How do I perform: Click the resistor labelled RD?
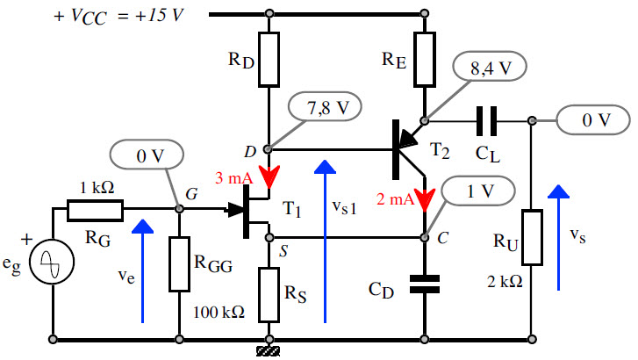tap(269, 59)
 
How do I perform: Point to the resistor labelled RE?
tap(425, 59)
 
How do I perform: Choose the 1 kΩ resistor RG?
tap(95, 209)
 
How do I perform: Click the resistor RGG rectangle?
tap(179, 263)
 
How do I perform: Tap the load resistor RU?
tap(532, 236)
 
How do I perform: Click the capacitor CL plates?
tap(486, 119)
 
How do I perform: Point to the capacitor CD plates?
tap(425, 282)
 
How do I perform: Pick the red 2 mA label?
tap(394, 199)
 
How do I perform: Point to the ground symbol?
tap(269, 351)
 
